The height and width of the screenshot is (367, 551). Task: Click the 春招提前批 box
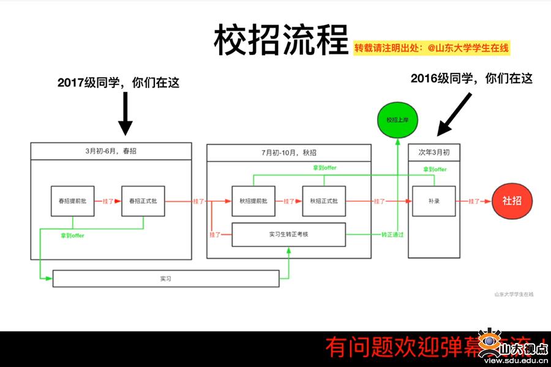click(x=72, y=201)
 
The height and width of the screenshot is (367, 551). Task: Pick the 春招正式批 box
click(x=143, y=201)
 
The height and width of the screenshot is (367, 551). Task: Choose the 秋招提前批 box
click(x=253, y=201)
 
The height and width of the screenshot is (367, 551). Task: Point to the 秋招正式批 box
click(x=324, y=201)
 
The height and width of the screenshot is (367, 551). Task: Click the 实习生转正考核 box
click(x=289, y=234)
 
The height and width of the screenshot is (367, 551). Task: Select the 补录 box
click(x=433, y=201)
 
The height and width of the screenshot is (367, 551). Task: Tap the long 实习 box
click(x=166, y=279)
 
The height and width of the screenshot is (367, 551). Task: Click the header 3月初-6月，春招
click(x=111, y=151)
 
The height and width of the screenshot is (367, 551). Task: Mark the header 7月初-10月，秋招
click(x=289, y=152)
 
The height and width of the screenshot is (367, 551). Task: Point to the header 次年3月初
click(x=433, y=152)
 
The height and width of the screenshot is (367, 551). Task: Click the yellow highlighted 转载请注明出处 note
click(x=432, y=48)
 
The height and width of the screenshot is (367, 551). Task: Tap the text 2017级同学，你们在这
click(x=118, y=83)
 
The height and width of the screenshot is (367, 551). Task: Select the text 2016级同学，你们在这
click(x=471, y=78)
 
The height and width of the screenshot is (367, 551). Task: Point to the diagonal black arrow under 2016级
click(x=455, y=114)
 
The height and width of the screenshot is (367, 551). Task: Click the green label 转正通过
click(x=392, y=235)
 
